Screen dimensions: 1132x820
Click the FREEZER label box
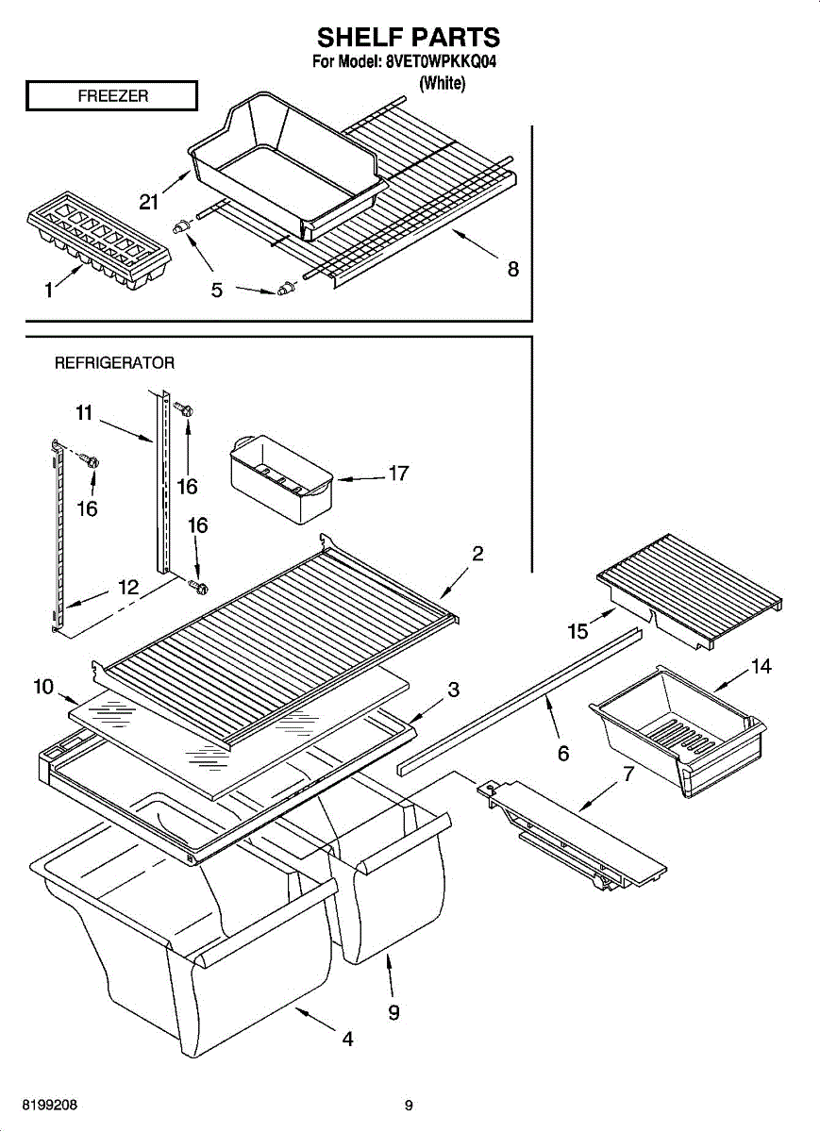point(111,95)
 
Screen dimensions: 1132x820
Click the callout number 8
point(512,269)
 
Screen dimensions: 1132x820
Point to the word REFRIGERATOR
point(114,362)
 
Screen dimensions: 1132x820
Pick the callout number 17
point(398,473)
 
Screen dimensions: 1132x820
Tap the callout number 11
point(85,412)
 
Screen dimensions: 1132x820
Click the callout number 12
point(128,587)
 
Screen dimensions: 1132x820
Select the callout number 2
point(478,554)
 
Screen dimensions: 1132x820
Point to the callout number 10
point(43,687)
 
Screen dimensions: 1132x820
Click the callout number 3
point(453,690)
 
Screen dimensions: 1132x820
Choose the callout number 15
point(577,631)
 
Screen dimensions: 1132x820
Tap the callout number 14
point(761,667)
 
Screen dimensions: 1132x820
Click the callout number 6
point(563,753)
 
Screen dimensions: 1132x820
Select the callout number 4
point(347,1040)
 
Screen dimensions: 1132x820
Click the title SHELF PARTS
point(408,37)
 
